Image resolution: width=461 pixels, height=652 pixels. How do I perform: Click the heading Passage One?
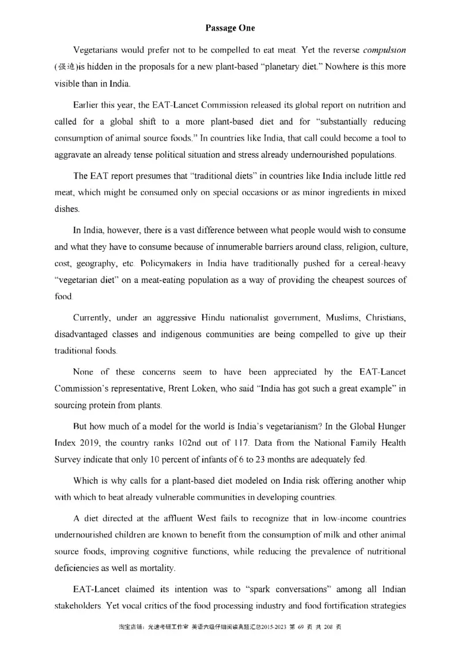pyautogui.click(x=230, y=28)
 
